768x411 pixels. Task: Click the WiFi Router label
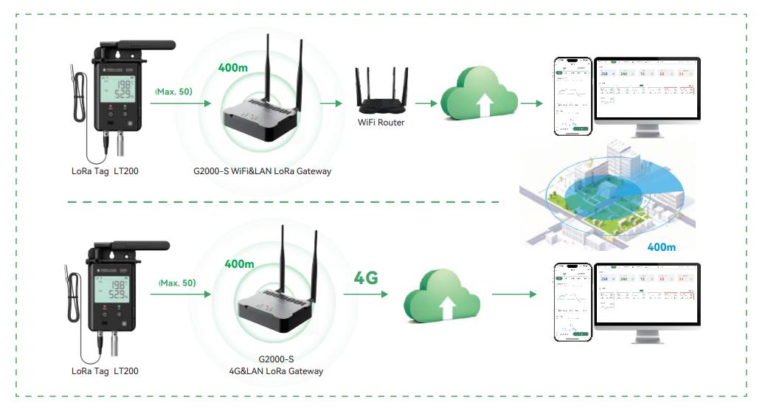(x=381, y=122)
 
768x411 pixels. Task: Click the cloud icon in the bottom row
(x=442, y=298)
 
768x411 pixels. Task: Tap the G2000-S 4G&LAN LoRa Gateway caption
(x=281, y=365)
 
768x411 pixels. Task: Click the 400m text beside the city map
(x=661, y=247)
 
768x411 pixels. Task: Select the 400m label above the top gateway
(x=234, y=67)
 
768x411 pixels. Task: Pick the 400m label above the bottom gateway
(x=240, y=263)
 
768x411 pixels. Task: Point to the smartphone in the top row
(x=573, y=97)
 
